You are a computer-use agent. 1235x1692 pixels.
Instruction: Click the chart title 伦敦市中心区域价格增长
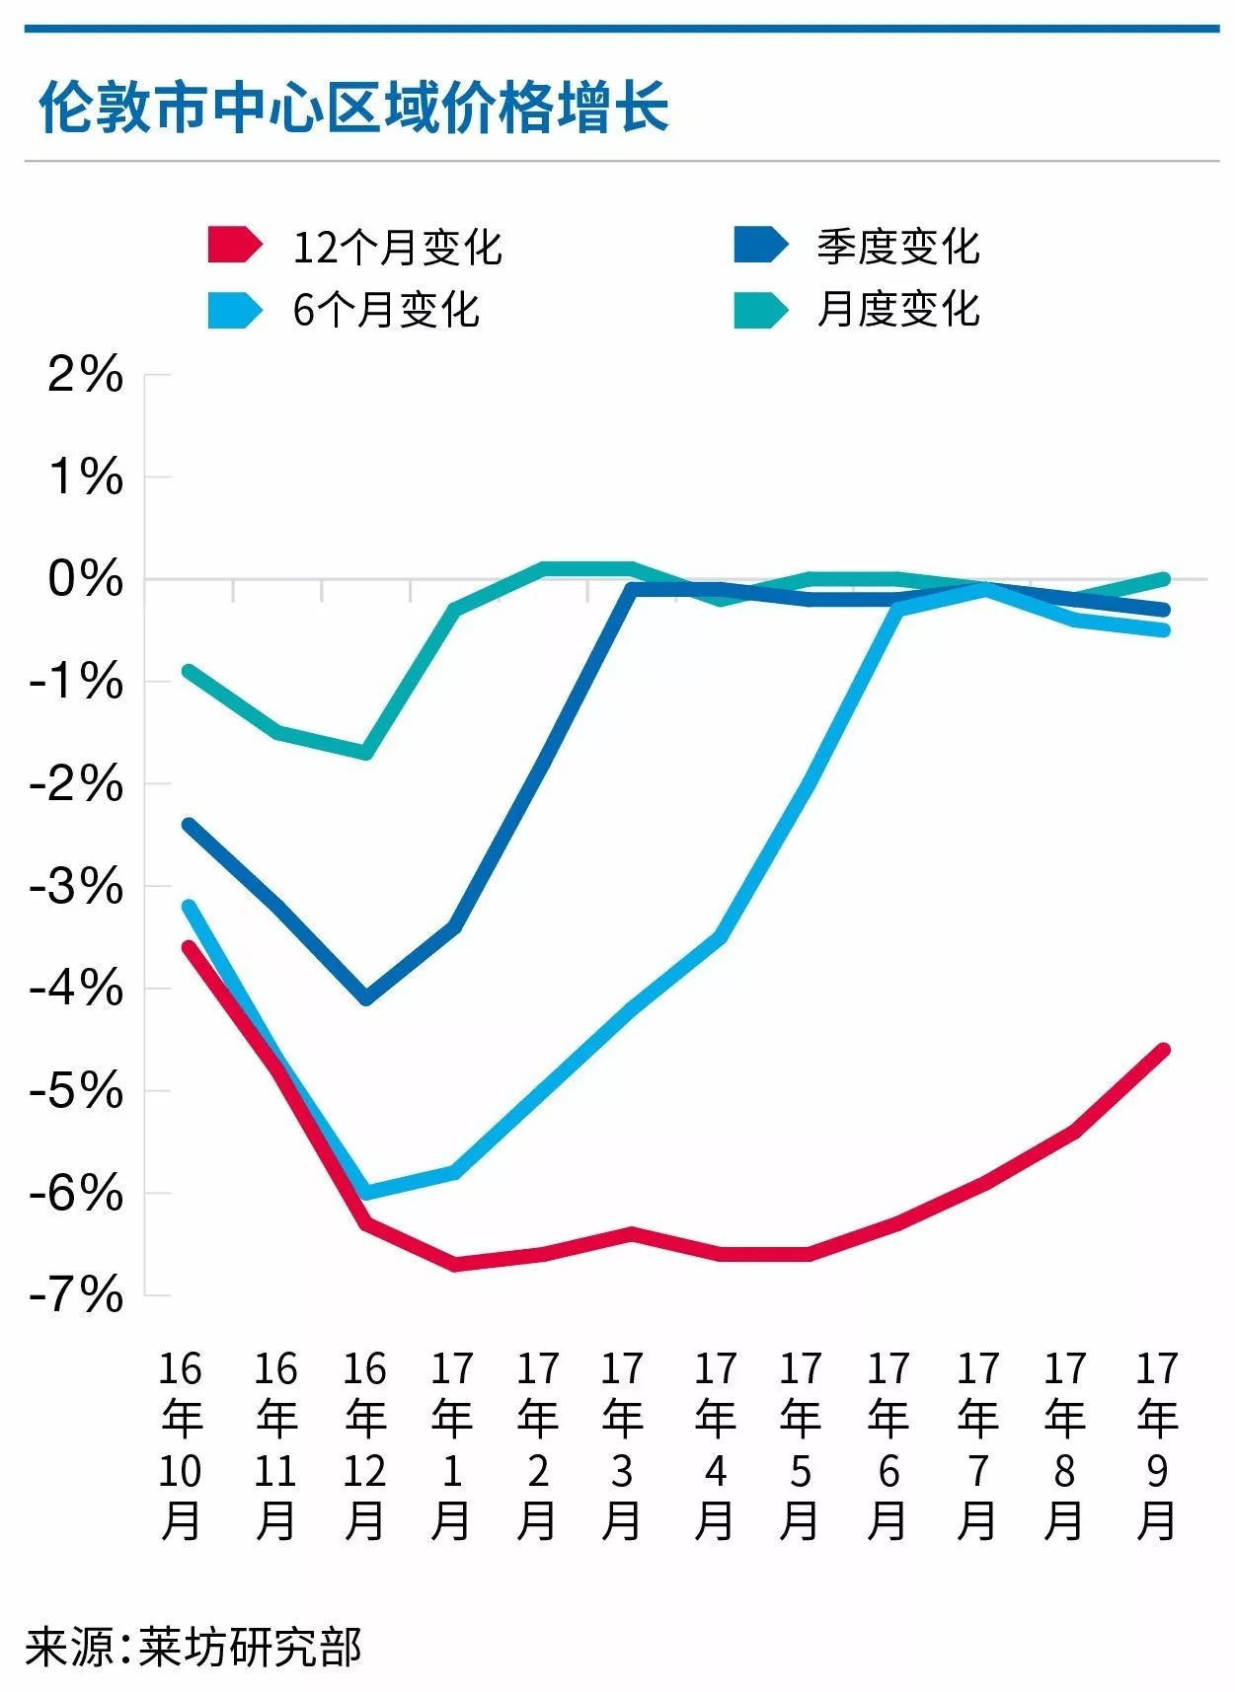(353, 107)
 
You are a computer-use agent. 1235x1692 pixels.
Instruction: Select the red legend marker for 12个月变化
(234, 245)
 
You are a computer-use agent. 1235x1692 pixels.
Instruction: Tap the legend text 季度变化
(897, 247)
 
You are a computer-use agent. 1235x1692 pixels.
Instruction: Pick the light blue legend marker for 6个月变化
(234, 310)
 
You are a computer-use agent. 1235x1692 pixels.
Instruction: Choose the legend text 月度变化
(897, 310)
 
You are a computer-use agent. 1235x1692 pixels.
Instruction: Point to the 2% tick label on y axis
(86, 375)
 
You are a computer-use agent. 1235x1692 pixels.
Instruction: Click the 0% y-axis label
(86, 578)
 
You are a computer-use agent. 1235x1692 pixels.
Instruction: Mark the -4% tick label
(77, 988)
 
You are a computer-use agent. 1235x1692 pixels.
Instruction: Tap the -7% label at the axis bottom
(77, 1294)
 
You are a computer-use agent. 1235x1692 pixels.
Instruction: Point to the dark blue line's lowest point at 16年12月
(366, 998)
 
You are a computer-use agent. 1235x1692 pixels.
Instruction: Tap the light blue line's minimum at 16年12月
(366, 1192)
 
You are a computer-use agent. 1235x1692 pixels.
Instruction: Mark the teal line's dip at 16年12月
(366, 753)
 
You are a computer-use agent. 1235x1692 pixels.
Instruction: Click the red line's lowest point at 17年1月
(455, 1264)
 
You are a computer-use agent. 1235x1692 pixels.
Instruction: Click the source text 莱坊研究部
(250, 1647)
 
